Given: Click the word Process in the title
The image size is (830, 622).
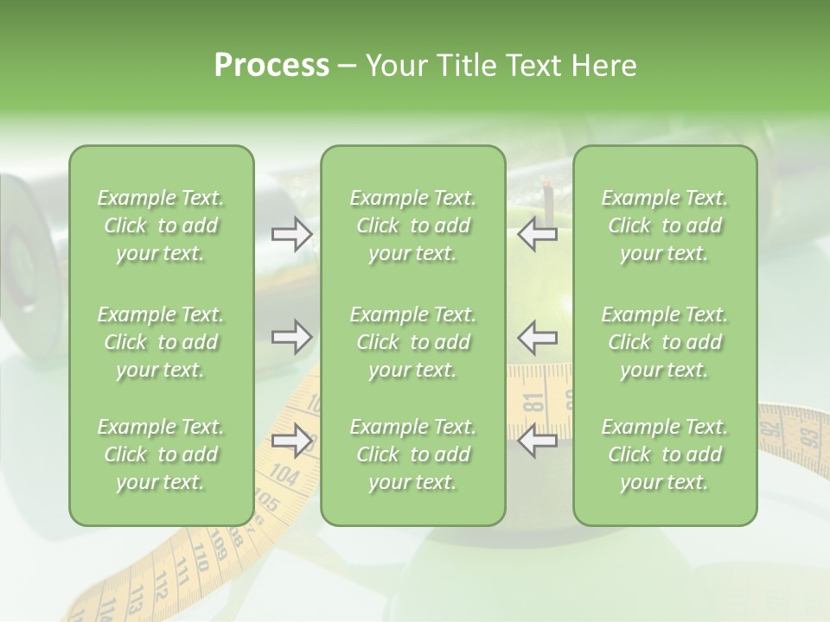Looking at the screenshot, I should pos(271,66).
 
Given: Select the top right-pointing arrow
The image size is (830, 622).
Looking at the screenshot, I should pos(291,234).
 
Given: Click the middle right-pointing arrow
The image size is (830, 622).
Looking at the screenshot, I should pos(291,337).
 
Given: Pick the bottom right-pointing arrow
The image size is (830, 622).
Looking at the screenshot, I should pos(291,441).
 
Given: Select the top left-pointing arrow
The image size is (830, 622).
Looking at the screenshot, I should pos(538,234).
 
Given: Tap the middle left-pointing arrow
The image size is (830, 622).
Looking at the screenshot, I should pos(538,337).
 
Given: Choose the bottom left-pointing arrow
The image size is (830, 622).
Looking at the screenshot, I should pos(538,441).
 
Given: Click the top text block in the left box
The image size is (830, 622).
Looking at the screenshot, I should pos(161,225).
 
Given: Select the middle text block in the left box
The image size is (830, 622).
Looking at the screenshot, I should pos(161,342).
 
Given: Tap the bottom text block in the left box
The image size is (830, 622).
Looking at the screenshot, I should pos(161,454).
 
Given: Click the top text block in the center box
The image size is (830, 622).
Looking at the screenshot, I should pos(412,225).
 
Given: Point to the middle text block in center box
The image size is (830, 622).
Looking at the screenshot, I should pos(412,342).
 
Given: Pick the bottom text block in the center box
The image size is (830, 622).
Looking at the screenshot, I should pos(412,454).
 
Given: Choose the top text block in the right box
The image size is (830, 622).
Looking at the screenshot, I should pos(664,225).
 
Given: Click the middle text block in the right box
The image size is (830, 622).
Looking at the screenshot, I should pos(664,342).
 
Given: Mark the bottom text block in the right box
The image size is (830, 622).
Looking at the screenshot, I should pos(664,454).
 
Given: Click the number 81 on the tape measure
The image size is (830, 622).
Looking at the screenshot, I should pos(533,403).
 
